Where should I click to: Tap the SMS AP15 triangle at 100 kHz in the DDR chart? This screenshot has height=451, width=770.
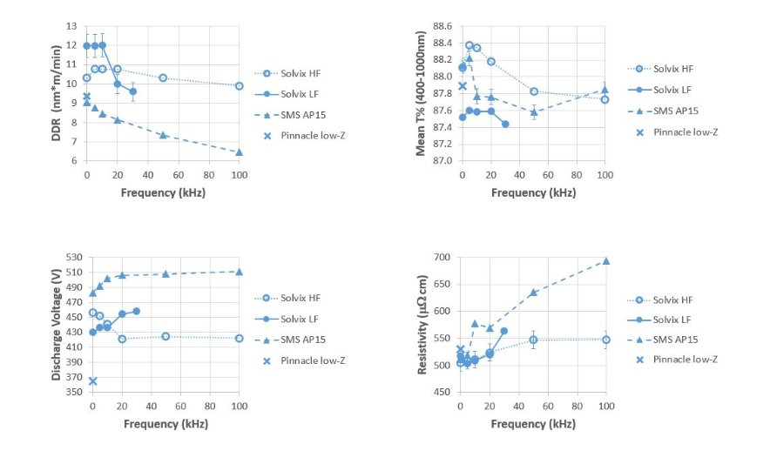pos(239,152)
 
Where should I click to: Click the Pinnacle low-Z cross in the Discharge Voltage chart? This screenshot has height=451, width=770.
pos(92,380)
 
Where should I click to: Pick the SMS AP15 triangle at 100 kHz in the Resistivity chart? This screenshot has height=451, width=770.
pos(606,261)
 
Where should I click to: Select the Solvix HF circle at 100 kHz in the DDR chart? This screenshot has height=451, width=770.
pos(239,85)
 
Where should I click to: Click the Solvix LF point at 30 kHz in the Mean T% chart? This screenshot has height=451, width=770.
pos(505,124)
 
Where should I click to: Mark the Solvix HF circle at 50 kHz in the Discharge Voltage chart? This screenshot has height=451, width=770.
pos(165,336)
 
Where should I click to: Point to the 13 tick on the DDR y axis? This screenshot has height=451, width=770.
pos(73,25)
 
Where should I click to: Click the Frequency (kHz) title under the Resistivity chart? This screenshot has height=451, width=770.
pos(532,424)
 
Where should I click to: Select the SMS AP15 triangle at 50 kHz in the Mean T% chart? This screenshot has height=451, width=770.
pos(534,112)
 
